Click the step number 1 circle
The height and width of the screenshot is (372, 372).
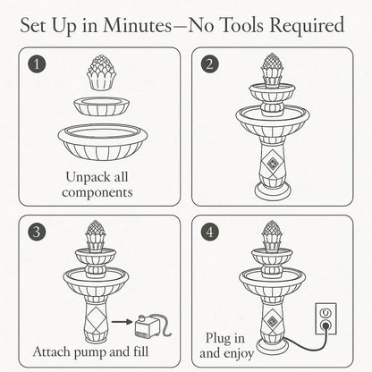coord(35,65)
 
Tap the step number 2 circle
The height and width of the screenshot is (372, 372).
coord(209,65)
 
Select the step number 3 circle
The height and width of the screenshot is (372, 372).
coord(35,232)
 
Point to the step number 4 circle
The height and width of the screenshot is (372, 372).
coord(209,232)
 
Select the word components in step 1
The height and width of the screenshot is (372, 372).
coord(100,191)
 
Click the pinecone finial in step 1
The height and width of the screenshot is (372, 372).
coord(101,74)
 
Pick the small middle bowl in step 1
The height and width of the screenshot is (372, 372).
coord(101,106)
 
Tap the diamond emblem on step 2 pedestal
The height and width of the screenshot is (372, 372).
coord(272,163)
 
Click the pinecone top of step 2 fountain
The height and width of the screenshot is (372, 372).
coord(272,68)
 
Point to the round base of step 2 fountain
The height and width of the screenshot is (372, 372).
coord(272,190)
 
